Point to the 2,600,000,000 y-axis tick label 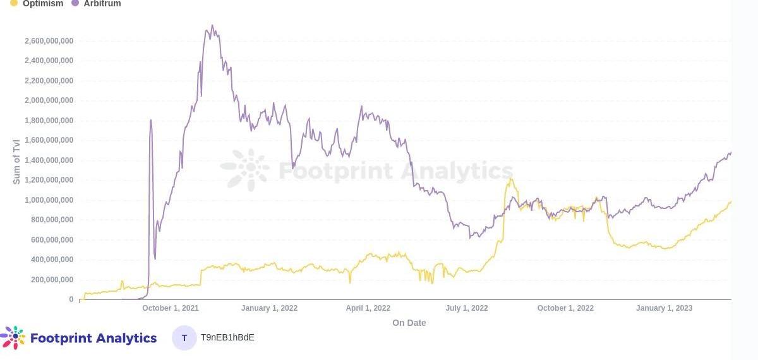coord(49,41)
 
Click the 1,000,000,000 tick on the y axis coord(49,200)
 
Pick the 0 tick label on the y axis coord(71,299)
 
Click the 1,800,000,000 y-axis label coord(49,121)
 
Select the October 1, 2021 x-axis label coord(171,308)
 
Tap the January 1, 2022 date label coord(269,308)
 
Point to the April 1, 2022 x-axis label coord(368,308)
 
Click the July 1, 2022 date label coord(467,308)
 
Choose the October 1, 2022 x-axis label coord(565,308)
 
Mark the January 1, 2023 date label coord(664,308)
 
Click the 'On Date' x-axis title coord(409,323)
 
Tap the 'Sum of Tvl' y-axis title coord(17,161)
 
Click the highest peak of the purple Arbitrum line coord(212,26)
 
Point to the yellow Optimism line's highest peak coord(510,179)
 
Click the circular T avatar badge coord(184,338)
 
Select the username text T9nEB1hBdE coord(227,337)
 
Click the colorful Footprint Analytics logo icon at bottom coord(13,338)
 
